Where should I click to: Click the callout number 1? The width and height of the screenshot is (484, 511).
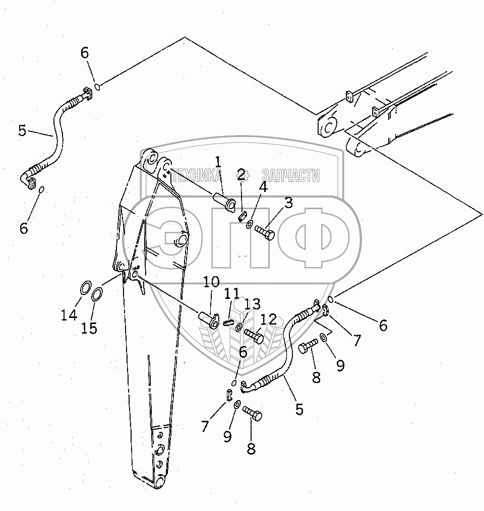tap(218, 162)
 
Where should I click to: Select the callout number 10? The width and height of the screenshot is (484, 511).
tap(211, 282)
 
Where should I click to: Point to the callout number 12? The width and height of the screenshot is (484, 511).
tap(269, 320)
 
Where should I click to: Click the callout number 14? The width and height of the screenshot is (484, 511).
tap(69, 315)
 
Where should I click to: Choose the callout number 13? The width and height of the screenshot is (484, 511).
tap(252, 304)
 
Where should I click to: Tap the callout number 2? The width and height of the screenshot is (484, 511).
tap(241, 175)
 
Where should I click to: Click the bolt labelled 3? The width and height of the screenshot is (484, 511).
tap(265, 233)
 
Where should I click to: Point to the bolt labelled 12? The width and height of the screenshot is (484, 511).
tap(254, 335)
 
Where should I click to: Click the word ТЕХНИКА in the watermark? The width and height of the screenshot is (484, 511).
tap(197, 175)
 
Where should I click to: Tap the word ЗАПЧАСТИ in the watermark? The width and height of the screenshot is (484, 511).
tap(291, 175)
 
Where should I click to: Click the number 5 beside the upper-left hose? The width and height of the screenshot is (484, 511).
tap(22, 131)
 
